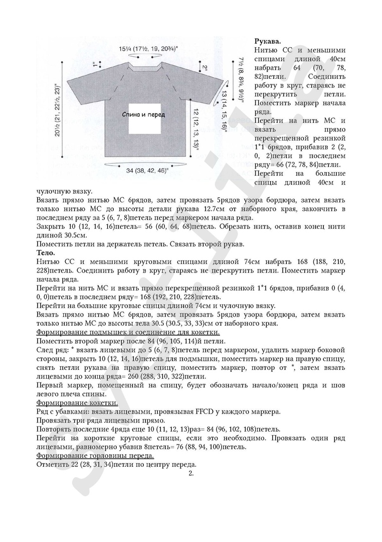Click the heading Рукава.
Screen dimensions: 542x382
click(x=268, y=41)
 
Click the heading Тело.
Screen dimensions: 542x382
click(x=46, y=253)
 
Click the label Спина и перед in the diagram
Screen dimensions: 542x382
click(x=143, y=114)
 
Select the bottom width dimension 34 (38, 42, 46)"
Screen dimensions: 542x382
click(x=147, y=171)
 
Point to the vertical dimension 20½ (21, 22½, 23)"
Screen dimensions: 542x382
click(x=58, y=111)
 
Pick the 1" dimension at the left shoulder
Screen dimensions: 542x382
click(x=94, y=64)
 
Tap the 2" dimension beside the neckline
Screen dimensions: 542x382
click(x=205, y=68)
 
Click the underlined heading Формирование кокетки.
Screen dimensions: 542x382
click(x=78, y=402)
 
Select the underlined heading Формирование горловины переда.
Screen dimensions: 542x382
click(x=96, y=455)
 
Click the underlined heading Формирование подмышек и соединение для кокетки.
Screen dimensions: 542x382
click(x=128, y=332)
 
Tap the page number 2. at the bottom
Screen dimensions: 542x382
click(x=190, y=473)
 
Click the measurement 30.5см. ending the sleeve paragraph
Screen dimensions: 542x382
click(x=74, y=235)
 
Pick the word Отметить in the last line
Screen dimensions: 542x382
click(x=53, y=464)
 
